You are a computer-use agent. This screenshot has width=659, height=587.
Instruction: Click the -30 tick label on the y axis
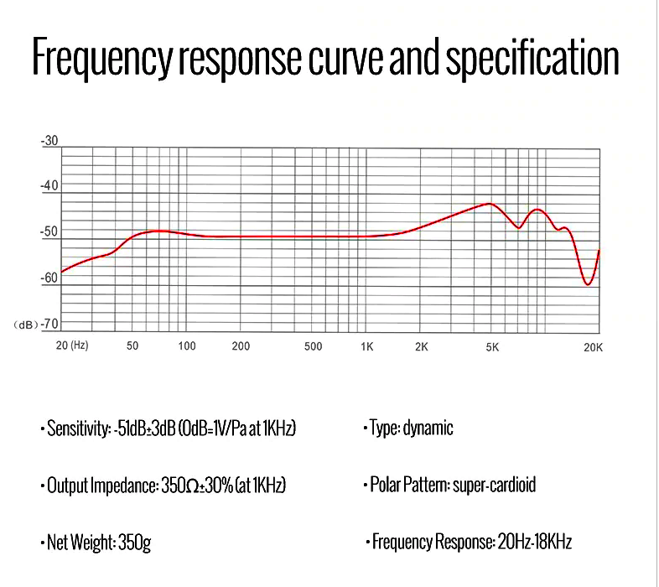point(50,141)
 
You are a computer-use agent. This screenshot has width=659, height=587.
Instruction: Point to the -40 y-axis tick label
point(50,185)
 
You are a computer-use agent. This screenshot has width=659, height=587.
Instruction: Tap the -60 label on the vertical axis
point(50,278)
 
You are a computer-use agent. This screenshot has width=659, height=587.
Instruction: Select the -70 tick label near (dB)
point(50,323)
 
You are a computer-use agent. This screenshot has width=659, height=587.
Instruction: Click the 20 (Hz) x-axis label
point(72,345)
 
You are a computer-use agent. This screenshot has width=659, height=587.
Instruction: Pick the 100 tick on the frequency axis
point(187,345)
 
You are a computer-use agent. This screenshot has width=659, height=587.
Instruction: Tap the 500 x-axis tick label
point(313,346)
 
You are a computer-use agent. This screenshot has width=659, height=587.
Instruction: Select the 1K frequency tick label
point(366,346)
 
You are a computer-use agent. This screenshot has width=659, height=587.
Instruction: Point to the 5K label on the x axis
point(492,346)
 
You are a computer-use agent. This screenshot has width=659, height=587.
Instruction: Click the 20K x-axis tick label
point(593,346)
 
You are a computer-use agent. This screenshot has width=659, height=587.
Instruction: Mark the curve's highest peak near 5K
point(488,204)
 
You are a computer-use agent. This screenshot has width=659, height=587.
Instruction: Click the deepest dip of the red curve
point(588,284)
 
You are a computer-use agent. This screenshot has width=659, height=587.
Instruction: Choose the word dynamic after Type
point(428,429)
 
